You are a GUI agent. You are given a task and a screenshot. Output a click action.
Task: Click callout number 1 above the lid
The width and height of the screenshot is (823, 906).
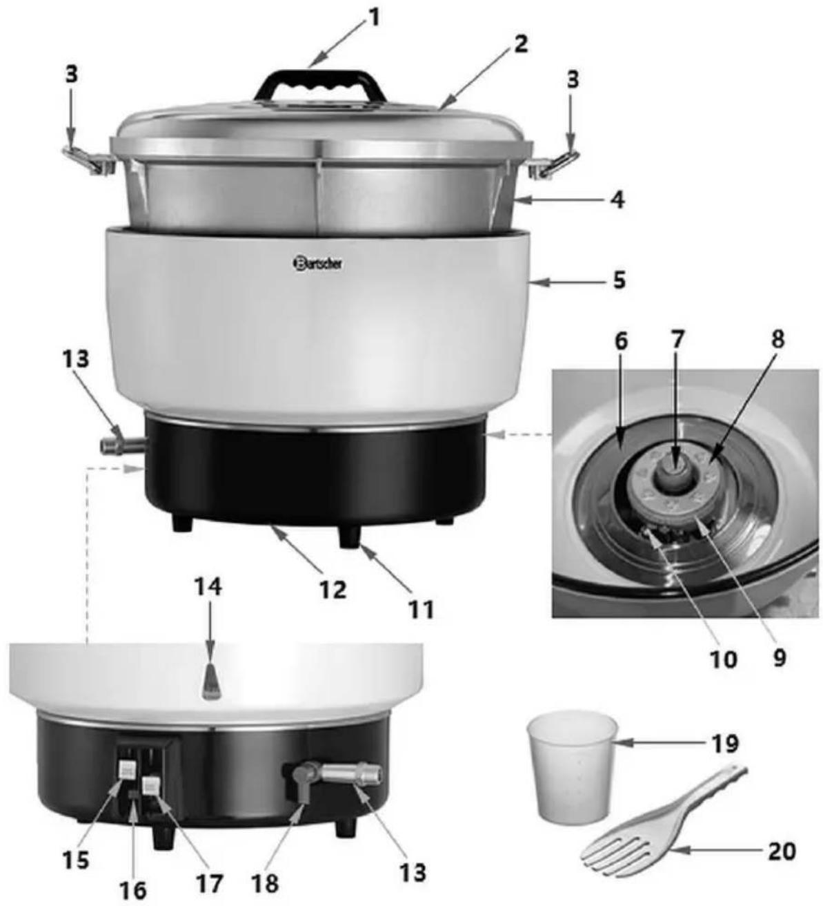click(x=374, y=19)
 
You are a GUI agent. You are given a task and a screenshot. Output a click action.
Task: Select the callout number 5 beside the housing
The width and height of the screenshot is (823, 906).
click(x=619, y=280)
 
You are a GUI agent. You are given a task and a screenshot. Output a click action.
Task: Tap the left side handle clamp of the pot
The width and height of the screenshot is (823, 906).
click(x=90, y=160)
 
